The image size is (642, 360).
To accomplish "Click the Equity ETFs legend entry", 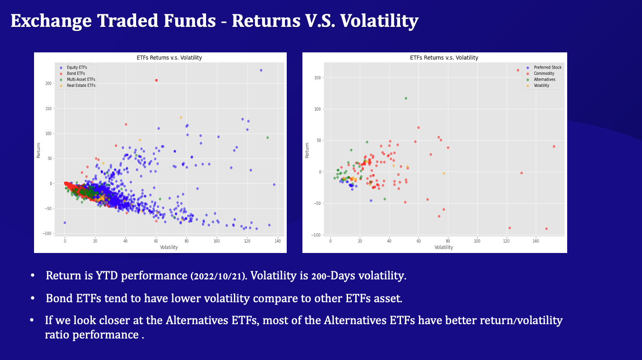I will click(x=77, y=67).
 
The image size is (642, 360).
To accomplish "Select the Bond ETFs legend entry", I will click(x=76, y=73).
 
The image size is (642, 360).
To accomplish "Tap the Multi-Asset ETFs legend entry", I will click(x=81, y=79).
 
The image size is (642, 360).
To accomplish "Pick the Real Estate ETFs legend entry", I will click(x=81, y=86).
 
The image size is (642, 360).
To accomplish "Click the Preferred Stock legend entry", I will click(x=547, y=68).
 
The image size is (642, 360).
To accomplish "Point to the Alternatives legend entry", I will click(x=544, y=79).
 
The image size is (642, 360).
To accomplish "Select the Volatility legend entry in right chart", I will click(x=541, y=86).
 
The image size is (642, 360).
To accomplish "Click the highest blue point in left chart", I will click(x=261, y=70).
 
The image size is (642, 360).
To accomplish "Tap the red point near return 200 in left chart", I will click(x=156, y=80).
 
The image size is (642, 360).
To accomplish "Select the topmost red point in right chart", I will click(x=518, y=70).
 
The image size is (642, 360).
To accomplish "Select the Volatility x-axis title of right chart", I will click(x=444, y=247).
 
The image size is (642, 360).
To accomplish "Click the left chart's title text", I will click(x=169, y=58).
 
